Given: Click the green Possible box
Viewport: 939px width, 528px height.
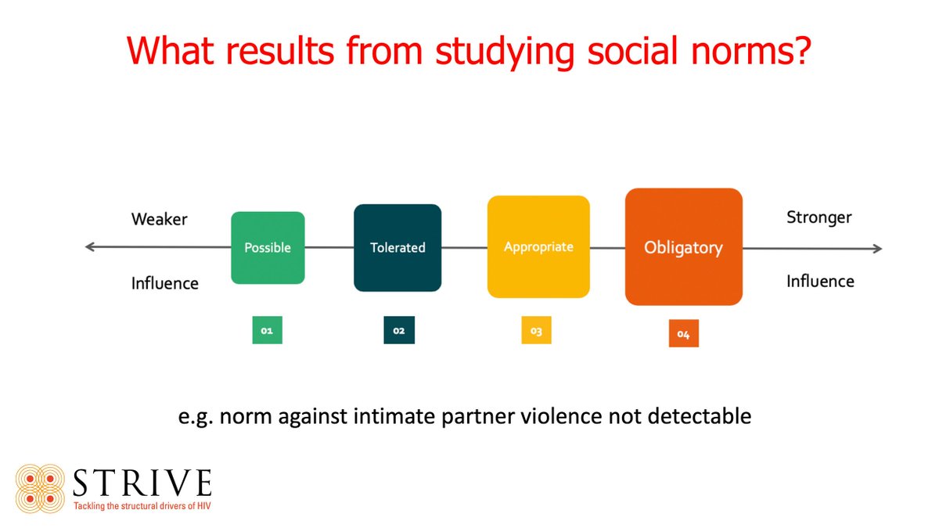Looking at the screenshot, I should coord(268,247).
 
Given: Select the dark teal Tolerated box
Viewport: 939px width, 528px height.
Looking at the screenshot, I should coord(398,247).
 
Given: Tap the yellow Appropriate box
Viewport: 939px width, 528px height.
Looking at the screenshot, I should coord(538,246).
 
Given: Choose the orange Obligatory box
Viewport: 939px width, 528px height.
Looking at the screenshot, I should coord(683,247).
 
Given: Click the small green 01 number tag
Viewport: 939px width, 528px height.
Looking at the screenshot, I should coord(267,331).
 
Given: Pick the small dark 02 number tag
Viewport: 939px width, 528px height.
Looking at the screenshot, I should coord(398,331).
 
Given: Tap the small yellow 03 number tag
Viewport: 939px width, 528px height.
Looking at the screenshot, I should coord(536,331).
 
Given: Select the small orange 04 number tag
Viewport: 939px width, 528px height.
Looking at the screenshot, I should coord(683,334).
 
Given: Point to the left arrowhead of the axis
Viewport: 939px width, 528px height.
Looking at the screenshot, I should coord(89,247).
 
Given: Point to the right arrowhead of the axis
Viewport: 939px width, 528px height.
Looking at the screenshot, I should coord(877,249).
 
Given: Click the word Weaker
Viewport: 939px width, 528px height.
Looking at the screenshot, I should coord(160,219).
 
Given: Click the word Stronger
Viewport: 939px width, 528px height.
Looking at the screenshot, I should coord(819,217).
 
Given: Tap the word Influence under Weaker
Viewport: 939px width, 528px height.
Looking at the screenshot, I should coord(165,282).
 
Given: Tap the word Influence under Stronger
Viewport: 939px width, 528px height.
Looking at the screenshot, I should coord(820,280).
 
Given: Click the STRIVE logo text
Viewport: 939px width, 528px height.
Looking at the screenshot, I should coord(142,483).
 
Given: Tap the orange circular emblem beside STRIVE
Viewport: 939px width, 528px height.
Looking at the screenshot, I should coord(39,489).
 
